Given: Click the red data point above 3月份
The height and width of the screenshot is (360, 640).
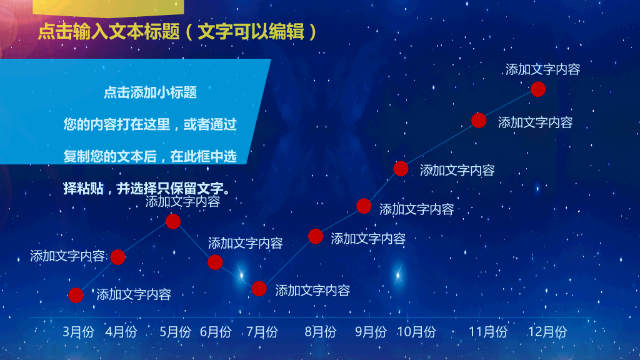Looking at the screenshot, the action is (x=76, y=295).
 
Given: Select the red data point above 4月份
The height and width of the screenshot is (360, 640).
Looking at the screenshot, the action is (x=117, y=257).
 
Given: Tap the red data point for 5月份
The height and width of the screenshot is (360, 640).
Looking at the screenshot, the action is (x=173, y=222).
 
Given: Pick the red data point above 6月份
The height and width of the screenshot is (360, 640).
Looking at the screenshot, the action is (x=215, y=262).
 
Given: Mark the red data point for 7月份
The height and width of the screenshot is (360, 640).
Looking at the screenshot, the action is (x=259, y=289).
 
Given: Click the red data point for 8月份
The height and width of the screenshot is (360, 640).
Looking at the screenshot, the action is (x=316, y=236).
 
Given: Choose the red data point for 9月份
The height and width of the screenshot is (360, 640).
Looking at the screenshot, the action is (x=364, y=206).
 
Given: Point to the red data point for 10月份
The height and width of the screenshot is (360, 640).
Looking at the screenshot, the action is (x=401, y=169).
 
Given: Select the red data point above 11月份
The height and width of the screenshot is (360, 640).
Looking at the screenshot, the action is (x=479, y=121).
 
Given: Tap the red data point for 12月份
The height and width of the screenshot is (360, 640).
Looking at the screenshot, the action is (x=538, y=89).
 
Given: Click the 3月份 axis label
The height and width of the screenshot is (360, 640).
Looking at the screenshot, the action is (x=78, y=332).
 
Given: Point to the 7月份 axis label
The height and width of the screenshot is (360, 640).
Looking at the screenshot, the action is (x=262, y=332).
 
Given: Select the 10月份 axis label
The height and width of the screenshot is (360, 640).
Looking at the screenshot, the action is (x=416, y=332).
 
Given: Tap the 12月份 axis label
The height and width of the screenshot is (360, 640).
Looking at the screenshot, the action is (x=547, y=332).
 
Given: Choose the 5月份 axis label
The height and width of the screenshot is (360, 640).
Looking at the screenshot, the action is (x=175, y=332).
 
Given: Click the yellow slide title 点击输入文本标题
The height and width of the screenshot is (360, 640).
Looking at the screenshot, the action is (x=109, y=32).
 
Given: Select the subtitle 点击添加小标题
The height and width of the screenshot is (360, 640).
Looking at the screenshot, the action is (x=150, y=92).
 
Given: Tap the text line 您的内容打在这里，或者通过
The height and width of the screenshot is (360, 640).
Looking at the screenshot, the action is (x=150, y=124).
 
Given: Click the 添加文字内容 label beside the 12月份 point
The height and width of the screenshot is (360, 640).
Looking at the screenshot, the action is (x=543, y=69).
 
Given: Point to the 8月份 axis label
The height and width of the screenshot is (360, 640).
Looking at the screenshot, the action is (x=321, y=332).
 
